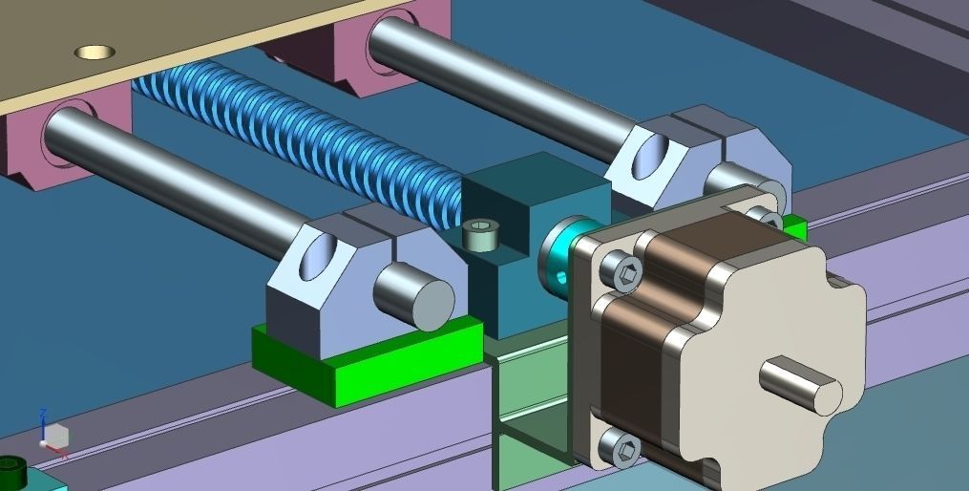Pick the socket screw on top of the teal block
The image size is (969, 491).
pos(481,232)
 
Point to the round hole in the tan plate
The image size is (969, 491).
pos(95,51)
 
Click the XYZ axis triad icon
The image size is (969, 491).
pos(53,435)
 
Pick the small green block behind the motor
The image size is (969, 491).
pos(794,229)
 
